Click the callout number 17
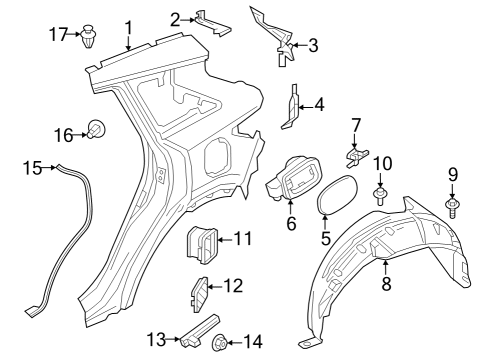[58, 35]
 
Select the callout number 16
[62, 134]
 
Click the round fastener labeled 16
[97, 127]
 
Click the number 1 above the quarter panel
[127, 27]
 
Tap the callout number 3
[313, 45]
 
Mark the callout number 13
[156, 341]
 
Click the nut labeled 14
[219, 343]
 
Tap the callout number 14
[253, 342]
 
